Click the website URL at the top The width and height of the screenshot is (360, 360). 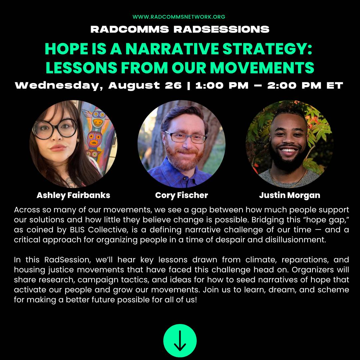pyautogui.click(x=179, y=17)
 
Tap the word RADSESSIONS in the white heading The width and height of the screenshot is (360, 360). pyautogui.click(x=221, y=29)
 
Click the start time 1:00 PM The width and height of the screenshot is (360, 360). pyautogui.click(x=222, y=85)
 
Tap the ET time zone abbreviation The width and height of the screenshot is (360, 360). pyautogui.click(x=335, y=85)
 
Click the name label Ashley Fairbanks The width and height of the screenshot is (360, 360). pyautogui.click(x=73, y=195)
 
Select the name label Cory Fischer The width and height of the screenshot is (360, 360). pyautogui.click(x=181, y=195)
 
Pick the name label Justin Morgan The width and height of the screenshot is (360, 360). pyautogui.click(x=290, y=195)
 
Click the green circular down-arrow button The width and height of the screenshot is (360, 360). pyautogui.click(x=180, y=340)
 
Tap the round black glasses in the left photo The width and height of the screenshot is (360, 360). pyautogui.click(x=54, y=129)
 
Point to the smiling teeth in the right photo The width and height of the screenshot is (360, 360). pyautogui.click(x=288, y=151)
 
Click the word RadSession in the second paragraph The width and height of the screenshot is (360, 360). pyautogui.click(x=66, y=260)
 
